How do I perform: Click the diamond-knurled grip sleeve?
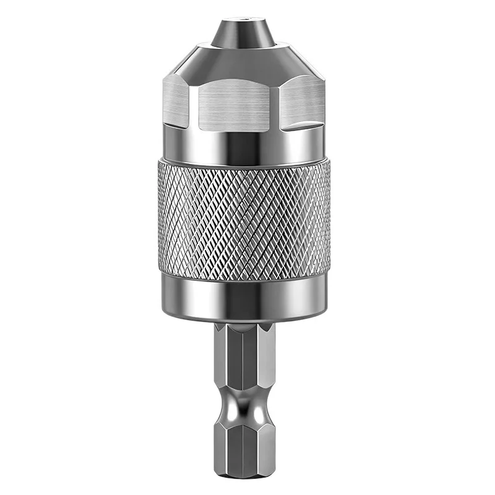247,217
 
